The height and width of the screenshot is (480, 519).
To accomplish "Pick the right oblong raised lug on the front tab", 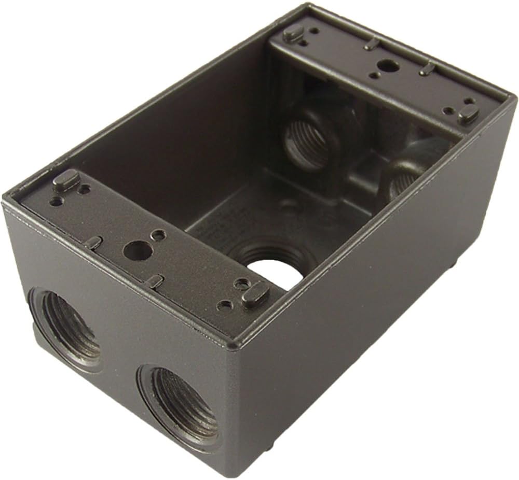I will (255, 295).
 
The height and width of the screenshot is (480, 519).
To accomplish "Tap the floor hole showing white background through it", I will (275, 272).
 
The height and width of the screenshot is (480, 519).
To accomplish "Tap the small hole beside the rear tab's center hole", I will (374, 76).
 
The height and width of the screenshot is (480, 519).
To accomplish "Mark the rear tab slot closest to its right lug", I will (426, 68).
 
